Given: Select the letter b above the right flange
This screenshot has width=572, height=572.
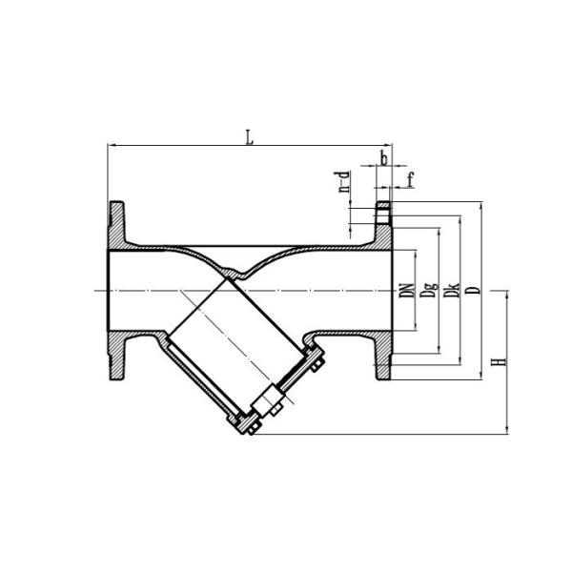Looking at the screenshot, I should click(x=383, y=159).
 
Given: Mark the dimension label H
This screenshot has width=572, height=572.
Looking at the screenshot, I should click(x=497, y=362).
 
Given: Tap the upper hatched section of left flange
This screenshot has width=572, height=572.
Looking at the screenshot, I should click(x=116, y=225).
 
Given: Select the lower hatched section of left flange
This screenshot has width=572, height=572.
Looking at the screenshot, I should click(x=116, y=355).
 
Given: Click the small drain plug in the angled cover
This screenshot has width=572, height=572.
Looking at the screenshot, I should click(x=270, y=404).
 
